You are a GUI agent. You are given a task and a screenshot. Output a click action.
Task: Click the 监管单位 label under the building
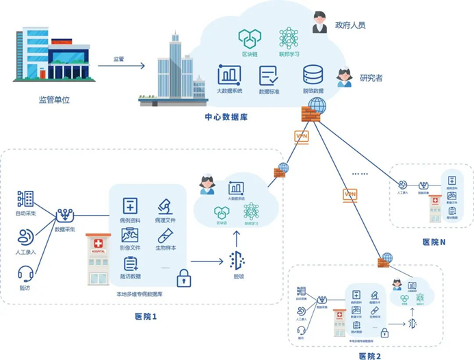(x=54, y=100)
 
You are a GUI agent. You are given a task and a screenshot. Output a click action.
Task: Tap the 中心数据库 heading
(x=226, y=116)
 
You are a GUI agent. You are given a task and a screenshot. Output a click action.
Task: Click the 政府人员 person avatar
(x=319, y=23)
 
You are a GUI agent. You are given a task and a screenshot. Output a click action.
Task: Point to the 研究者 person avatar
(x=343, y=77)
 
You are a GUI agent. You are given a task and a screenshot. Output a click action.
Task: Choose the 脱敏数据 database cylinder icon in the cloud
(x=314, y=74)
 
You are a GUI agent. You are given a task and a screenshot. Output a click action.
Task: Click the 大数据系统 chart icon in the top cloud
(x=229, y=74)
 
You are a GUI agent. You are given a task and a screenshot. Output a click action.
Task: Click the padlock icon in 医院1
(x=183, y=277)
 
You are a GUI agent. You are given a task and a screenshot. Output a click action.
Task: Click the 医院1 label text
(x=146, y=316)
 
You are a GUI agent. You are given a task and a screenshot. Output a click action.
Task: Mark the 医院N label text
(x=434, y=242)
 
